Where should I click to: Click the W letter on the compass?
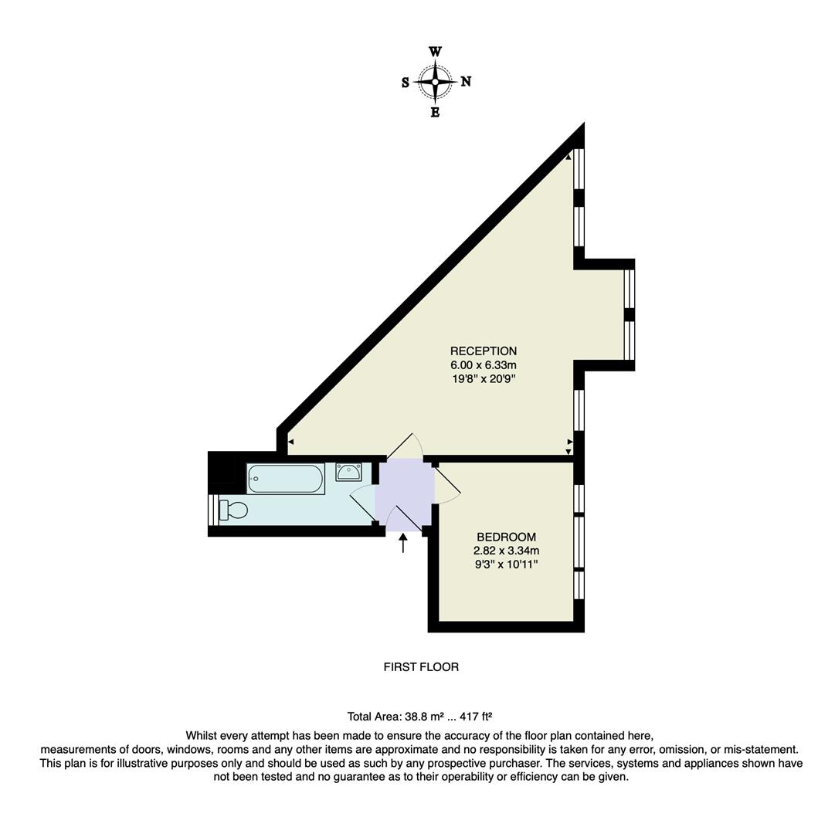point(435,52)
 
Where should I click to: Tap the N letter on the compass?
point(466,82)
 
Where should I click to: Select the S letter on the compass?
point(406,83)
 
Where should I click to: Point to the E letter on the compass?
point(435,113)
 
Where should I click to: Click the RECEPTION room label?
point(484,351)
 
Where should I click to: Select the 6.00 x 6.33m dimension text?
point(484,365)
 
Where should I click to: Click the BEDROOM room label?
point(506,537)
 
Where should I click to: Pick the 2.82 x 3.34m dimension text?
point(506,551)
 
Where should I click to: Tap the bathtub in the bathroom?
point(285,479)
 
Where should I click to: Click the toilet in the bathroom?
point(234,510)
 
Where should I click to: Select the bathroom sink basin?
point(348,472)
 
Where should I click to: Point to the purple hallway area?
point(404,494)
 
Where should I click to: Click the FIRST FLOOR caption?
point(421,666)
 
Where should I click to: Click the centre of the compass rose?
point(435,82)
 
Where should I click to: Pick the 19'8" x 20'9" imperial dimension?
point(484,379)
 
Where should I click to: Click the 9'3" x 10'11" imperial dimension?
point(506,564)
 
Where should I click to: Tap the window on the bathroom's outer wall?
point(212,510)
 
